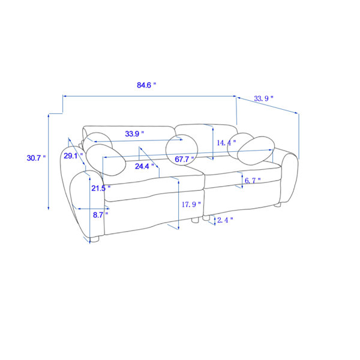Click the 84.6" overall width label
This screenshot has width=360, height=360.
(x=146, y=85)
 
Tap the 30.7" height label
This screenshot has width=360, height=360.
(x=36, y=158)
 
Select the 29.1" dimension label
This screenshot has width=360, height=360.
(x=73, y=156)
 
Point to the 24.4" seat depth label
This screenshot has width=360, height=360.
(x=145, y=166)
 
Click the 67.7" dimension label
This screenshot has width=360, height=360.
(x=184, y=159)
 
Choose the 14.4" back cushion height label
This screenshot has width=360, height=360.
(x=226, y=143)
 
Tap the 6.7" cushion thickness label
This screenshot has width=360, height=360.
(x=253, y=181)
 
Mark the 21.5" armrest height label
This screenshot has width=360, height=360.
(x=101, y=188)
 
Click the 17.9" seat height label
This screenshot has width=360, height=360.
(x=191, y=205)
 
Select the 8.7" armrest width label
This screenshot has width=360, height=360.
(x=100, y=215)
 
